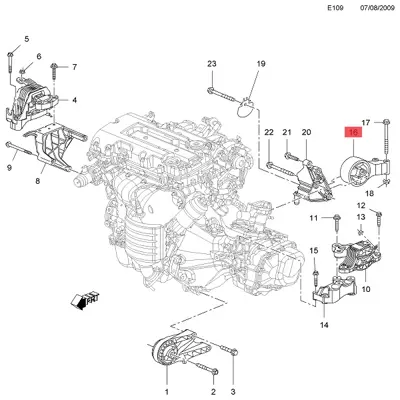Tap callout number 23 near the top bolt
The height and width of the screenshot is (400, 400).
(211, 65)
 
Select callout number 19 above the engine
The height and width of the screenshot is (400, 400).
(260, 65)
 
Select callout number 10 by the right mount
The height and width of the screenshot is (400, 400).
(364, 289)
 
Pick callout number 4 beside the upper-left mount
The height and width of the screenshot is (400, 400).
(74, 100)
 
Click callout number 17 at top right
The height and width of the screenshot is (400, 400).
(366, 121)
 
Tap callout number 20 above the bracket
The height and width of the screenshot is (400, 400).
(306, 132)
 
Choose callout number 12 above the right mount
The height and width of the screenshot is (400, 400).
(362, 207)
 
